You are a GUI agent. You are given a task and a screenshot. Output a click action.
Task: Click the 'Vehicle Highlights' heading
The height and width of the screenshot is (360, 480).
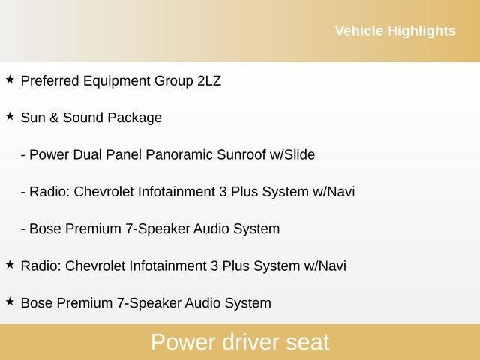[394, 31]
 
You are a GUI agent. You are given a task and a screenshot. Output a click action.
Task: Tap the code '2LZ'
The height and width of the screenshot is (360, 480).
[208, 81]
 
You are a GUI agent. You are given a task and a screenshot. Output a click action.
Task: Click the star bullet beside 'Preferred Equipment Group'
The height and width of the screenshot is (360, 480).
[10, 79]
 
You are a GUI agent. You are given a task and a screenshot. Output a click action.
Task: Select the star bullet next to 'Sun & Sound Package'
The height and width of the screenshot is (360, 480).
[10, 116]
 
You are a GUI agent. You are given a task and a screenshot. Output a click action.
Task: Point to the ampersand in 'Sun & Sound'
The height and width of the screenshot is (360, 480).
[53, 118]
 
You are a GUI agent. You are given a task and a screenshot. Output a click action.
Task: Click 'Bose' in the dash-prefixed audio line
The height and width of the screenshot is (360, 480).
[43, 229]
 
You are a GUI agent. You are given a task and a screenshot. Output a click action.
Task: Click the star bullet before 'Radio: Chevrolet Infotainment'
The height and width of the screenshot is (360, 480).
[10, 264]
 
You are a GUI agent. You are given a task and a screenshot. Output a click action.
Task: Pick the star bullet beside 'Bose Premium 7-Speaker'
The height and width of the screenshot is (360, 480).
[10, 301]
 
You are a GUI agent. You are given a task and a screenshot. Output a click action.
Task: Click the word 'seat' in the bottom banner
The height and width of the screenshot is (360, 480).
[307, 342]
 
